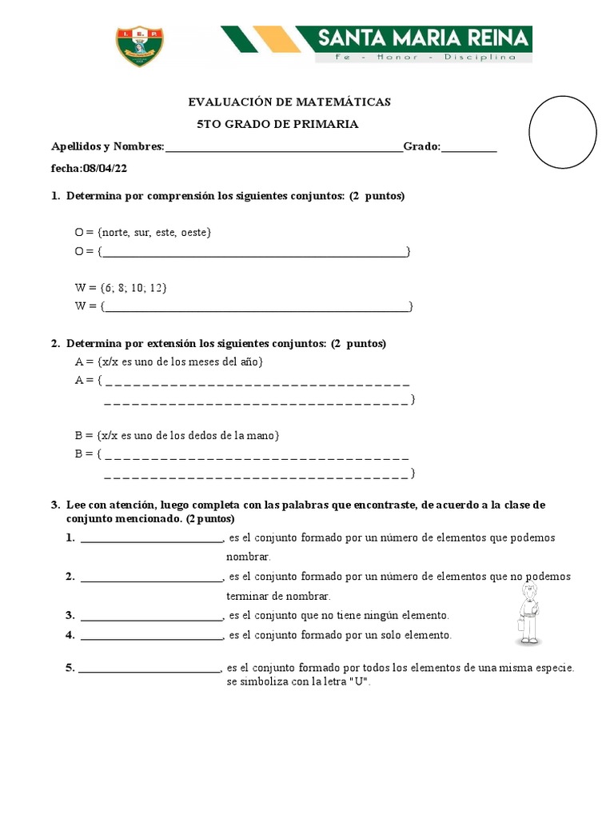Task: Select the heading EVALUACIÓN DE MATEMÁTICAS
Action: point(289,102)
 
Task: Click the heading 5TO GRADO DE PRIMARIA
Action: point(278,124)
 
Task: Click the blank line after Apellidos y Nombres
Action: point(284,148)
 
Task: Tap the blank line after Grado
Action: point(468,148)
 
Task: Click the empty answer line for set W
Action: point(256,307)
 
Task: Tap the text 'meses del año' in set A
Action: point(225,362)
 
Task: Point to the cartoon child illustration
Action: point(529,613)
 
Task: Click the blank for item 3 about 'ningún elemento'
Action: point(151,617)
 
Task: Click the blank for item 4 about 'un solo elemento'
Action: point(151,636)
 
